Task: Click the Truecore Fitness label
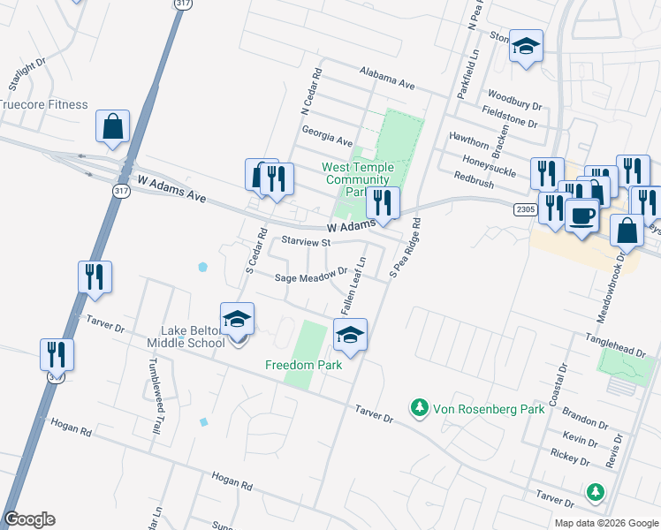(x=44, y=104)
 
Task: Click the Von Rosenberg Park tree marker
(x=418, y=407)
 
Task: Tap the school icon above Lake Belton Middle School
(x=237, y=319)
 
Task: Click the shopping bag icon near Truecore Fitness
(x=113, y=126)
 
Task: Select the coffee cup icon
(x=581, y=216)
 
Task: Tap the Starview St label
(x=305, y=241)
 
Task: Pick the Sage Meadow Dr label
(x=309, y=276)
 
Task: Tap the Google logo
(x=30, y=519)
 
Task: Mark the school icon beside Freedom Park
(x=350, y=336)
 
